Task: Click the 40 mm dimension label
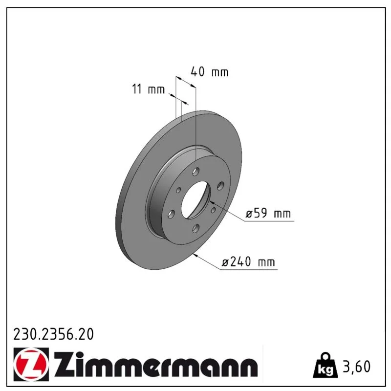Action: (x=210, y=72)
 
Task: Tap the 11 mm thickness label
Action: (x=149, y=89)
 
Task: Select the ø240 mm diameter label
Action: (x=248, y=262)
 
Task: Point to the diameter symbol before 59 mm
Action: (x=249, y=214)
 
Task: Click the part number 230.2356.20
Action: (x=53, y=334)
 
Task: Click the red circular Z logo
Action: (x=31, y=365)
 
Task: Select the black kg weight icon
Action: (x=326, y=365)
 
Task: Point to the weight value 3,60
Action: (x=357, y=367)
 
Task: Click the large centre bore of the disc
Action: (x=196, y=200)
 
